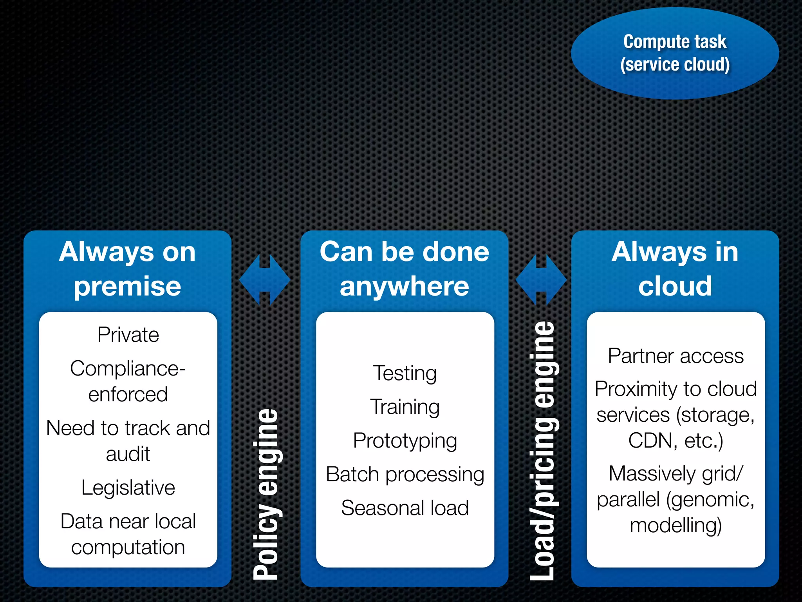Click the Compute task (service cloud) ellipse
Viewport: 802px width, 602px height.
[675, 53]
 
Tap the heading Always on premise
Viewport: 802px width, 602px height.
[127, 269]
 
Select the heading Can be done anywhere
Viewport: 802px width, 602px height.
[404, 269]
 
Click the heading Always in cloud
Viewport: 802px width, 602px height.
[675, 269]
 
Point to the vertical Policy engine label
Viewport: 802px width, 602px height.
[266, 494]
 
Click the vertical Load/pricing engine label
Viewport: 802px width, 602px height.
[542, 451]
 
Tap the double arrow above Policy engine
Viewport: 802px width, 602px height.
[265, 280]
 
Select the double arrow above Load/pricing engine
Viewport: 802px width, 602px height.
[541, 280]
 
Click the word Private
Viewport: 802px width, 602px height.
[128, 335]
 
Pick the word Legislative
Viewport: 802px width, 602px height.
[128, 488]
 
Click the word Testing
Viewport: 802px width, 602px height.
[405, 373]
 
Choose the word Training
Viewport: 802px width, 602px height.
[405, 407]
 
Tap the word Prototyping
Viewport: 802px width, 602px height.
[405, 441]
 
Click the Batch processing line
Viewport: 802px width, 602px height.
[405, 475]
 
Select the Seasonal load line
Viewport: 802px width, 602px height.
[405, 508]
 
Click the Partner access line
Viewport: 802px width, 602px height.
[676, 356]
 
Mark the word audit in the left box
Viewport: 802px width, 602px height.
[128, 454]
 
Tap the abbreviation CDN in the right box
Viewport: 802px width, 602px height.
[650, 441]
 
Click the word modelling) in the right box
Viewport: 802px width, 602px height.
[676, 525]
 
